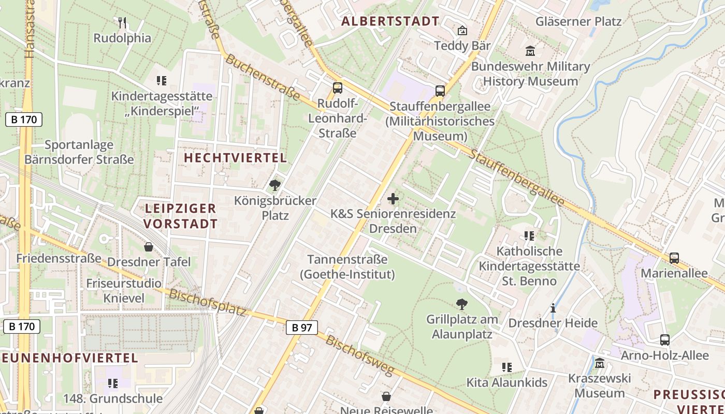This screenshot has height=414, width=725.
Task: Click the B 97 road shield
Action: [x=301, y=327]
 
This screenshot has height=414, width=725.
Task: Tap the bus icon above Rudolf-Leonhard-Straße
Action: [x=337, y=87]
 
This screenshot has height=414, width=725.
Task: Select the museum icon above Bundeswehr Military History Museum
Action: [x=530, y=51]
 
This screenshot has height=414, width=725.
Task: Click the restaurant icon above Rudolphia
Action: [x=122, y=22]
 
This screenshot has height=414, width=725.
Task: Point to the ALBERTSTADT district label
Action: [x=390, y=21]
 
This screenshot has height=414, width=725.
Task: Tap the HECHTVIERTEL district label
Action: [x=235, y=158]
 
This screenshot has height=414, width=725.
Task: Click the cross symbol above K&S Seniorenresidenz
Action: [x=393, y=198]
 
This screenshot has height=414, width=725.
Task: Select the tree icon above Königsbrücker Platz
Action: [x=275, y=185]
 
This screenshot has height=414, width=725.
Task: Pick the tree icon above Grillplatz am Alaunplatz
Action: [x=461, y=304]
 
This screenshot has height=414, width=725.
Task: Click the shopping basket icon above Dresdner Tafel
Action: [x=149, y=247]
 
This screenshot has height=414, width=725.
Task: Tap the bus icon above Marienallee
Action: [x=674, y=258]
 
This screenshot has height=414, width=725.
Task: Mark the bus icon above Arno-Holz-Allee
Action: [x=664, y=340]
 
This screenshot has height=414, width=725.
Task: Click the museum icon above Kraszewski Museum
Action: [x=600, y=363]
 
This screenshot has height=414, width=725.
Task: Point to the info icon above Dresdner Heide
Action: [x=553, y=308]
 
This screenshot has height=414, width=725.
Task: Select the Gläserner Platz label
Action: [x=578, y=21]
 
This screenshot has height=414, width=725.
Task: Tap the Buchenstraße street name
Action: [x=263, y=78]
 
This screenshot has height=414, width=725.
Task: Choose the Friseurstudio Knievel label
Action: [x=124, y=291]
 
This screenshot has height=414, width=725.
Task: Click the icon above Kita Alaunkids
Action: [x=507, y=367]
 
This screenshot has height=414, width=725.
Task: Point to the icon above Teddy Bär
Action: [x=462, y=31]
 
